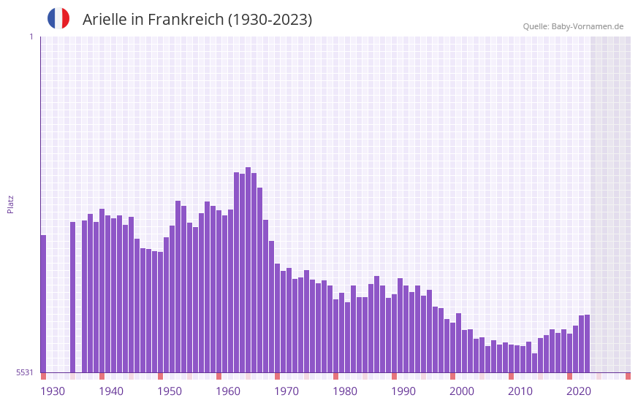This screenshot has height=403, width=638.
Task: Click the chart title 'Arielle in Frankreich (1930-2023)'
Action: point(197,20)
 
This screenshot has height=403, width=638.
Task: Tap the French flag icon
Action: point(58,18)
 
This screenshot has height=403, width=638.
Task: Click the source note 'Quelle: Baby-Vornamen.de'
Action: point(573,26)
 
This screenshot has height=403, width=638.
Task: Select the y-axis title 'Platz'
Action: point(10,204)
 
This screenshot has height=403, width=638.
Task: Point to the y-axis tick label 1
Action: point(31,37)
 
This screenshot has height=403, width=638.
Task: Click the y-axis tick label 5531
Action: point(25,372)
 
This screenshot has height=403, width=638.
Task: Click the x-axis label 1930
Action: point(53,391)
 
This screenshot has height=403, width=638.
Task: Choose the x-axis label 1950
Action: point(170,391)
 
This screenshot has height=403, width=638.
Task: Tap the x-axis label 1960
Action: point(228,391)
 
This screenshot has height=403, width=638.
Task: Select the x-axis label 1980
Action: point(345,391)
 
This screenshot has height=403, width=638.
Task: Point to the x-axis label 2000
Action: point(462,391)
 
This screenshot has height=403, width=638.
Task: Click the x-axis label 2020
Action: point(579,391)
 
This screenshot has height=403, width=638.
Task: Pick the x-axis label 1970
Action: point(286,391)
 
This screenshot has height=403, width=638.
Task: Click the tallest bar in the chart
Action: point(248,270)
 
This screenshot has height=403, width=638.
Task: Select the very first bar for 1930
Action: point(44,304)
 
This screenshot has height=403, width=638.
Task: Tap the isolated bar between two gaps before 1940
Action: point(73,297)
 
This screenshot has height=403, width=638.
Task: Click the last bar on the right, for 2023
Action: point(588,343)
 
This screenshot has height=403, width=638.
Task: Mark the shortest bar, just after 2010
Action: point(535,363)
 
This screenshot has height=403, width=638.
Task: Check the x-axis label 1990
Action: point(403,391)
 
